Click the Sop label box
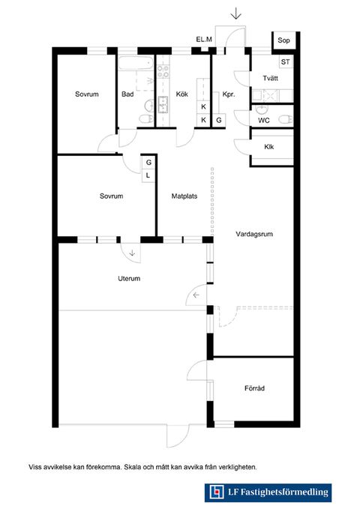pyautogui.click(x=283, y=40)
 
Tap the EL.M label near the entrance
pyautogui.click(x=204, y=40)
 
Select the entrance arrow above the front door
pyautogui.click(x=235, y=14)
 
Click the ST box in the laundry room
pyautogui.click(x=286, y=61)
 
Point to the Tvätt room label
pyautogui.click(x=270, y=78)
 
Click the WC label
pyautogui.click(x=264, y=121)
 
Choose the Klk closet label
pyautogui.click(x=269, y=147)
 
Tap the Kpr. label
pyautogui.click(x=229, y=94)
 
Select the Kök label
pyautogui.click(x=182, y=94)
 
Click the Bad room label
pyautogui.click(x=127, y=94)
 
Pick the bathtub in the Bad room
pyautogui.click(x=136, y=63)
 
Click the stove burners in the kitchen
pyautogui.click(x=163, y=71)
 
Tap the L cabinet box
pyautogui.click(x=148, y=175)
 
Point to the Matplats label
pyautogui.click(x=184, y=196)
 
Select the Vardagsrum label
pyautogui.click(x=254, y=234)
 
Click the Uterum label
pyautogui.click(x=129, y=279)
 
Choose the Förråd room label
pyautogui.click(x=254, y=388)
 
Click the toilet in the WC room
pyautogui.click(x=286, y=119)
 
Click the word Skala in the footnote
pyautogui.click(x=132, y=468)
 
